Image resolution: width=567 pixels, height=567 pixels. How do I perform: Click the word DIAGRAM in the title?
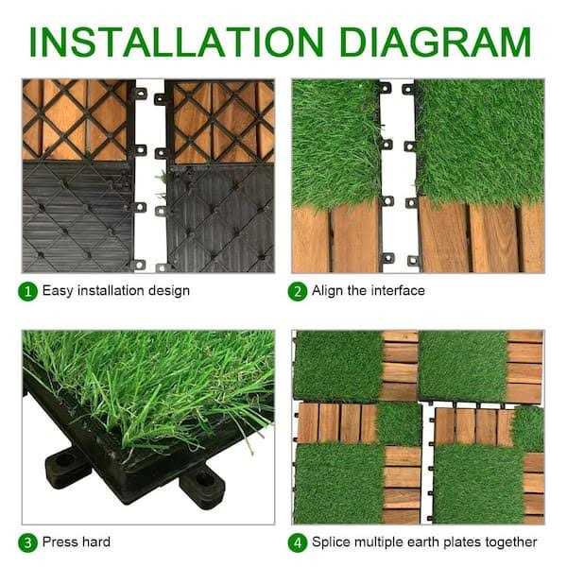[x=436, y=42]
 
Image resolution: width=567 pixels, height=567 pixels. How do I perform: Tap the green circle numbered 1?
[x=27, y=291]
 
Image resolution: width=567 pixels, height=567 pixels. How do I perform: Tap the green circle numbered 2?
[x=298, y=291]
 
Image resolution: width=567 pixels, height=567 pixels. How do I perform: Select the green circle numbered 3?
[x=27, y=543]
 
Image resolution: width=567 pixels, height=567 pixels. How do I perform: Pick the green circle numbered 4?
[x=298, y=543]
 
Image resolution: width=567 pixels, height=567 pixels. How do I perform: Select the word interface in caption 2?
[x=398, y=291]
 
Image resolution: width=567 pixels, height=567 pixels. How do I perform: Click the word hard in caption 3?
[x=96, y=542]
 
